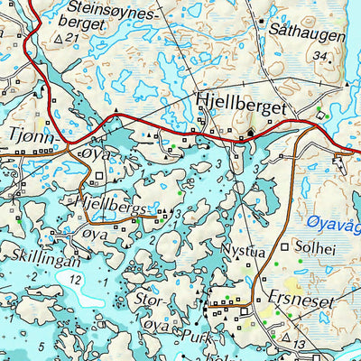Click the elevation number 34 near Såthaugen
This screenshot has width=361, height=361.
[317, 56]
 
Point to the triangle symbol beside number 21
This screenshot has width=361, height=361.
[59, 39]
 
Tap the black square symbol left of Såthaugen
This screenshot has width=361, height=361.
[262, 20]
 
